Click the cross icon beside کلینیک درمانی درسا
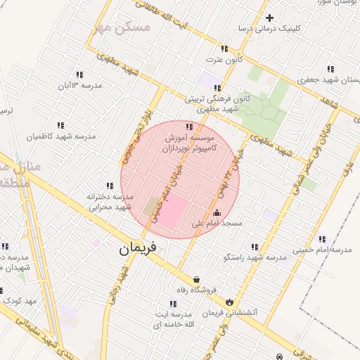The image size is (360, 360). point(269,18)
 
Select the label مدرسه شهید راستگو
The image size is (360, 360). point(255,258)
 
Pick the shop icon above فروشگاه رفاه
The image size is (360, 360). point(195,279)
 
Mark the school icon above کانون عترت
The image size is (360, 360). point(224,49)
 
